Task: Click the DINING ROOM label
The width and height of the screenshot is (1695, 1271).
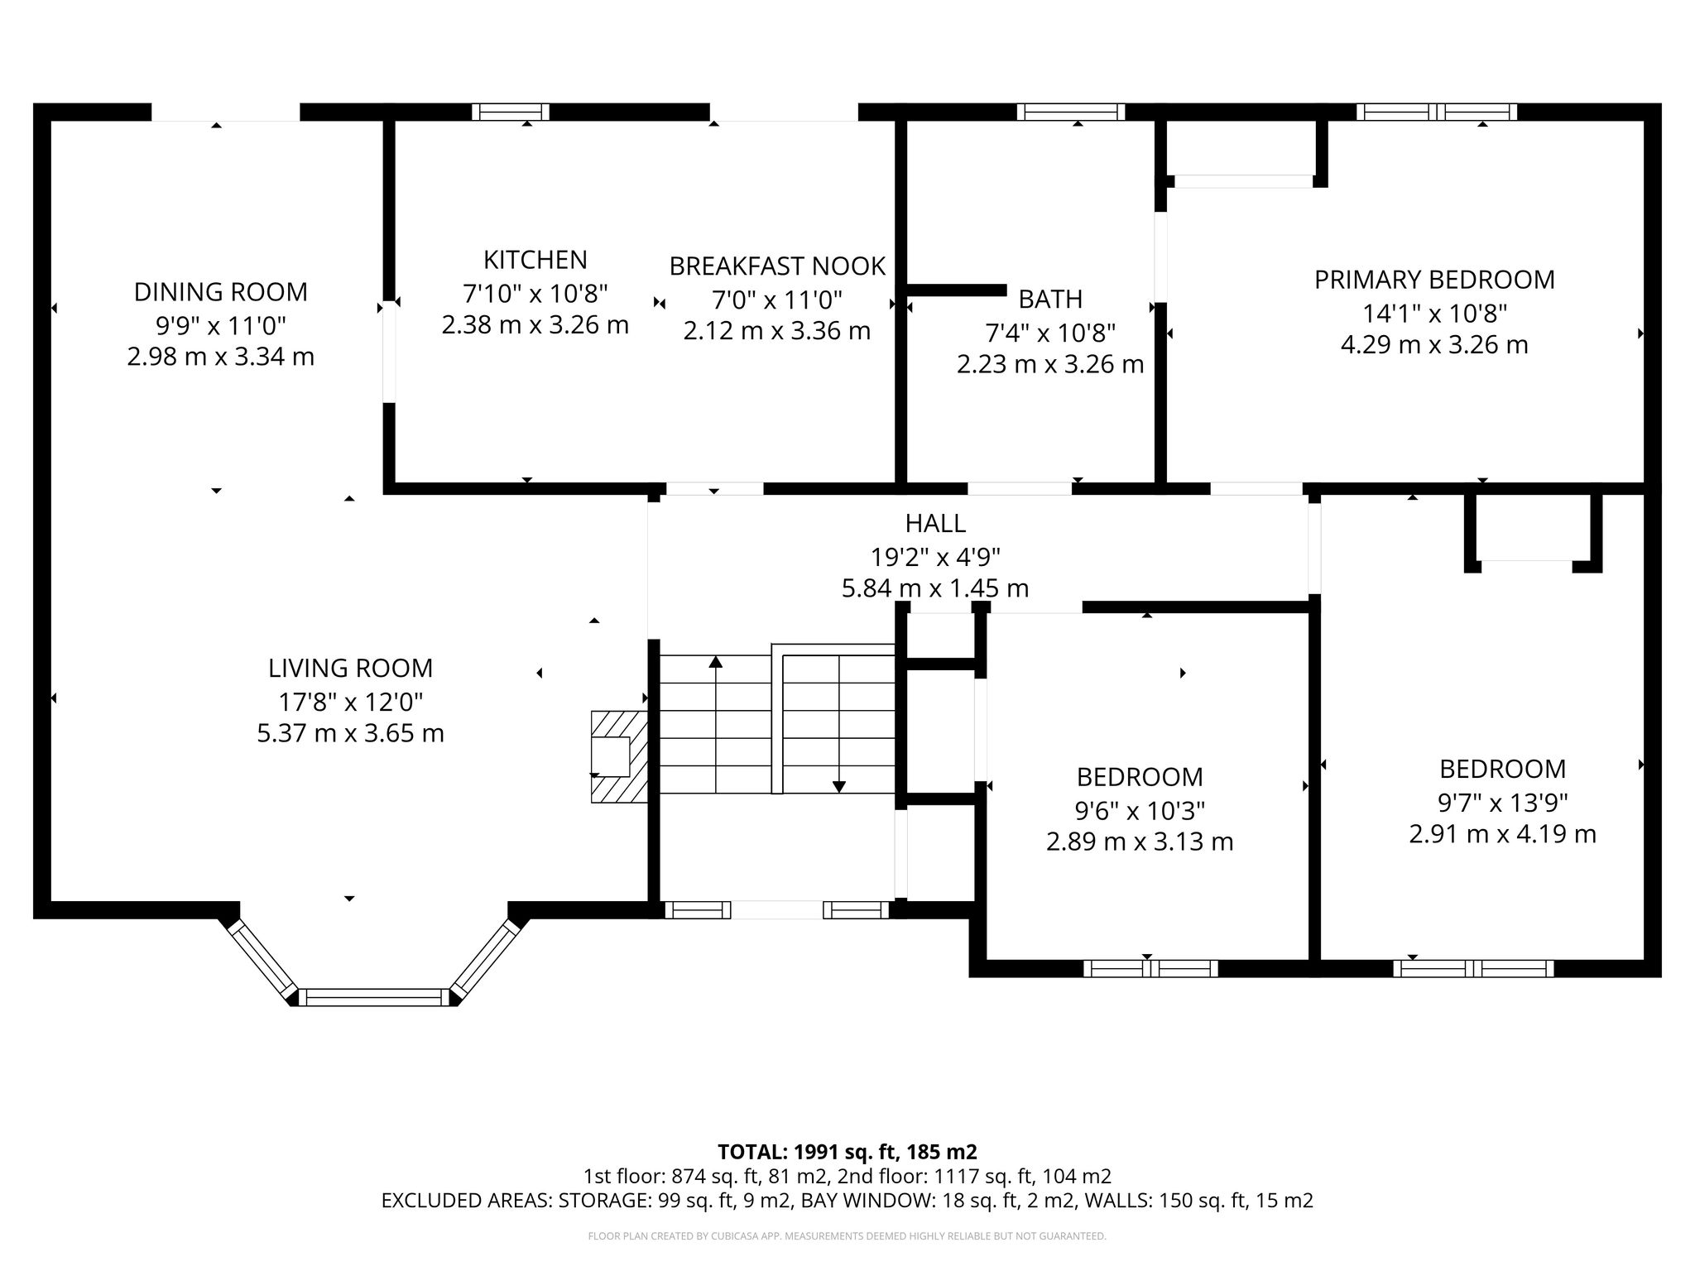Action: point(220,292)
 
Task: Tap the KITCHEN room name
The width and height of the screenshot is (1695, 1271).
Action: point(535,260)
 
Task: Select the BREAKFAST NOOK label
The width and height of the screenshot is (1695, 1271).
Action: point(777,266)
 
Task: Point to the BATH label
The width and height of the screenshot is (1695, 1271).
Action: point(1050,299)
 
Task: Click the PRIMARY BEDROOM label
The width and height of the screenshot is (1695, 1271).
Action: point(1434,280)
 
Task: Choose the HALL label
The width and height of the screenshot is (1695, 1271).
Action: point(935,523)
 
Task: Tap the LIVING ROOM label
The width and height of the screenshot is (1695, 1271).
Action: point(350,668)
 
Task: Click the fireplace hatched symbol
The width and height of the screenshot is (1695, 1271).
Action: point(619,756)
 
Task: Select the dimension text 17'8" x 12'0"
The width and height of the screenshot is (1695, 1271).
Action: point(350,702)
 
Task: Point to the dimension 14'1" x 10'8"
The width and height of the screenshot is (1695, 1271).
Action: point(1434,314)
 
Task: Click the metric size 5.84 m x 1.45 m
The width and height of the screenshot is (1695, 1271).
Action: point(935,588)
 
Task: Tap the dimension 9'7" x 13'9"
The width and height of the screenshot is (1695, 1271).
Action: point(1503,802)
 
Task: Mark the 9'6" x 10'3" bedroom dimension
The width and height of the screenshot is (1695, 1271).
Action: point(1140,809)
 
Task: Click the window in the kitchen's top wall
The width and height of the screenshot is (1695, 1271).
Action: point(511,112)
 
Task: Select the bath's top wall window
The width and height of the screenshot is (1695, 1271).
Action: point(1071,112)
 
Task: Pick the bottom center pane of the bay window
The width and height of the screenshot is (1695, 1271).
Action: point(373,997)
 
